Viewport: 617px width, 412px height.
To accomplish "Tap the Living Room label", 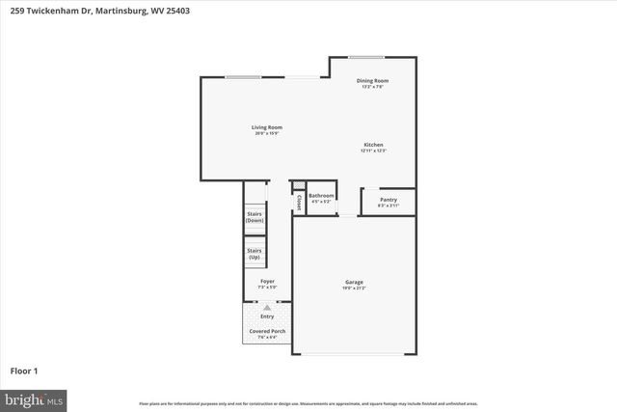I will [267, 127].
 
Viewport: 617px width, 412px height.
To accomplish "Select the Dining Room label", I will [372, 81].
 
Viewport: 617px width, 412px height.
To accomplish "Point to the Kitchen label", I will [373, 145].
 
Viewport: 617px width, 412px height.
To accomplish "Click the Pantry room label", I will [389, 200].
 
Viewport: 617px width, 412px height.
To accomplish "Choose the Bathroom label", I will [321, 196].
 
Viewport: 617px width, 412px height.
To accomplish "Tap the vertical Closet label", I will [300, 203].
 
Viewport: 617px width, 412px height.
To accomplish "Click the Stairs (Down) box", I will [255, 217].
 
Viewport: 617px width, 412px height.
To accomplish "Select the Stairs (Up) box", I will [255, 255].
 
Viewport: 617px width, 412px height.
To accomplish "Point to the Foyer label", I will [267, 282].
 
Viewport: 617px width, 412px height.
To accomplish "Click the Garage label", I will [354, 282].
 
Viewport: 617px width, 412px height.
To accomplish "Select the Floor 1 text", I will [23, 370].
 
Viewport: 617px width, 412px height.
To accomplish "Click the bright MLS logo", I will [34, 398].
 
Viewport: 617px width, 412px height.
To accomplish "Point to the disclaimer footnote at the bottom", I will [308, 403].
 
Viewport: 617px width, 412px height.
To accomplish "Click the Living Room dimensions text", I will [267, 133].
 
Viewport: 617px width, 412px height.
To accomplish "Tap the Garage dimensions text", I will [354, 288].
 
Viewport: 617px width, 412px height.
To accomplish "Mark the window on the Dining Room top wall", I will [366, 56].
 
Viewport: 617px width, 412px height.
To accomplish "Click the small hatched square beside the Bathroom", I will [299, 185].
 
